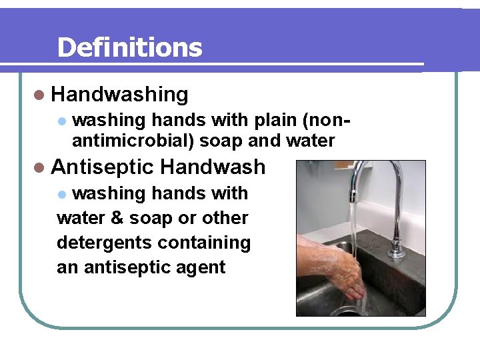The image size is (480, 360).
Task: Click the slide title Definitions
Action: point(129,47)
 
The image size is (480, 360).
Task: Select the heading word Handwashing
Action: point(119,95)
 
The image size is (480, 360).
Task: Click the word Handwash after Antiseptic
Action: point(213,167)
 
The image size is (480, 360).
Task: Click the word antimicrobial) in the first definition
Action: point(133,141)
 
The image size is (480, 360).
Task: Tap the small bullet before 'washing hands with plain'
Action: point(61,121)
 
